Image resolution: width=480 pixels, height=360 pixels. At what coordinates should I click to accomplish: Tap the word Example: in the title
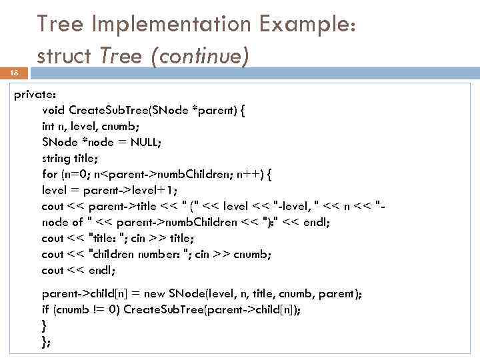(x=308, y=25)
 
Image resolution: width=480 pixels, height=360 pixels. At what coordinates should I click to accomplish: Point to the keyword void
(x=53, y=110)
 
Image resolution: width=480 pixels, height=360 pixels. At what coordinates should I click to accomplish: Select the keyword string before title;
(x=56, y=158)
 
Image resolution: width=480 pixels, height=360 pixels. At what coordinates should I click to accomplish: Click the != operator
(x=99, y=309)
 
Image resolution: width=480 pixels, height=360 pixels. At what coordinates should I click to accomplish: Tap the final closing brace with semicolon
(x=45, y=341)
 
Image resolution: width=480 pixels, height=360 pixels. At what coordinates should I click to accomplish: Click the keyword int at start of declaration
(x=49, y=126)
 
